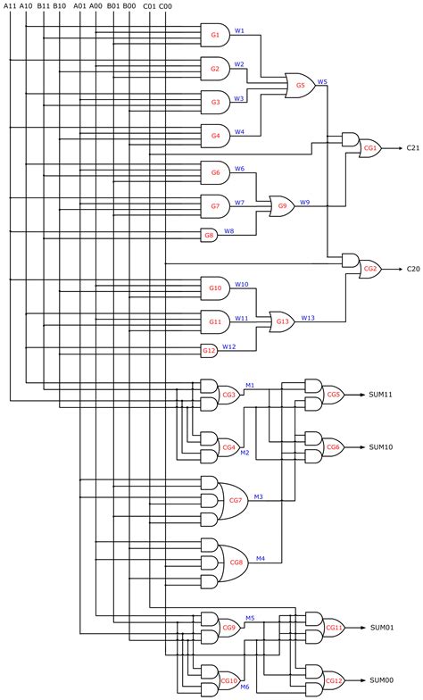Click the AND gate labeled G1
[x=215, y=36]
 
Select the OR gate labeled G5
[x=299, y=86]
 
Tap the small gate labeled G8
[x=209, y=235]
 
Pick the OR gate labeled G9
[x=282, y=206]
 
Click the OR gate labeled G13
[x=282, y=321]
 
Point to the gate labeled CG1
[x=369, y=148]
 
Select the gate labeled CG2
[x=369, y=268]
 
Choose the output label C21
[x=413, y=148]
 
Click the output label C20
[x=413, y=268]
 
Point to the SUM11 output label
[x=381, y=394]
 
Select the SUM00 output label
[x=382, y=679]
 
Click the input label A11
[x=9, y=5]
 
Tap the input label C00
[x=165, y=5]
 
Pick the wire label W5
[x=322, y=81]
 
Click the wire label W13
[x=307, y=317]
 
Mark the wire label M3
[x=258, y=496]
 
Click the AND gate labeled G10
[x=215, y=287]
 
